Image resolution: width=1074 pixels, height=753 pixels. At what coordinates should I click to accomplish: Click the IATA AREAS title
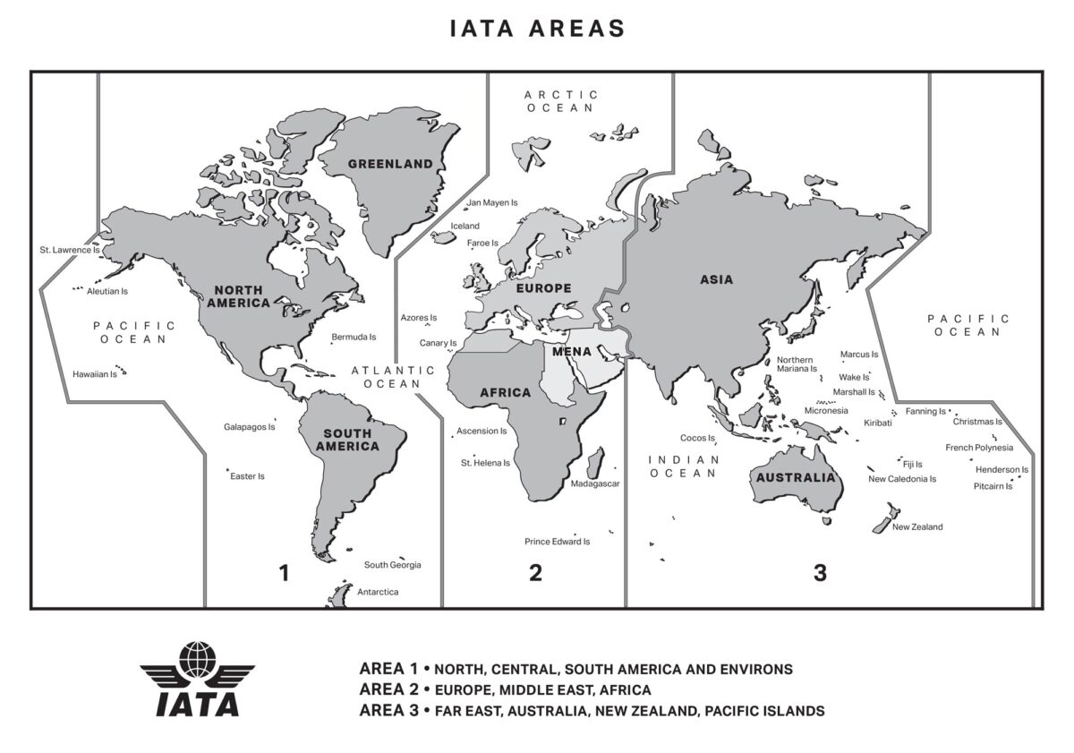537,28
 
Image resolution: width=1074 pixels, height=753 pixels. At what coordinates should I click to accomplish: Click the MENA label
571,352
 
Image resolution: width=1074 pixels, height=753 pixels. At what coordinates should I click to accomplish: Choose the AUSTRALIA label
796,477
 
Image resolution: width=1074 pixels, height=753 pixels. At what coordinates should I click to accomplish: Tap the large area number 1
285,573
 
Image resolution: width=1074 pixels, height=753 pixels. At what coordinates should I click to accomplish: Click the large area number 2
535,573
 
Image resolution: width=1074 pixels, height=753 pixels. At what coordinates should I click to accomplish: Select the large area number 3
820,573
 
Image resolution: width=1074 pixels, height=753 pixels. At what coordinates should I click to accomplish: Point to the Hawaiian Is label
95,374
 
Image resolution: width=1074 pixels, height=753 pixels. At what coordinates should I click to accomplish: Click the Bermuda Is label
354,338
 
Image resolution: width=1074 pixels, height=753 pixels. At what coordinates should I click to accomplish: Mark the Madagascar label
595,483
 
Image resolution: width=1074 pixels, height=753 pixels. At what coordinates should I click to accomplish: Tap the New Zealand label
917,527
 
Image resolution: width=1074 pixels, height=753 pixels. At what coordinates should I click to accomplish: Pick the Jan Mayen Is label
493,203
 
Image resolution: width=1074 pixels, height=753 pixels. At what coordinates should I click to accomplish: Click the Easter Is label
247,476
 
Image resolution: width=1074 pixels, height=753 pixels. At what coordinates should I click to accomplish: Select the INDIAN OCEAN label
684,466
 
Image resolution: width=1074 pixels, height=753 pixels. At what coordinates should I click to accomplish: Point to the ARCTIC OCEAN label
560,100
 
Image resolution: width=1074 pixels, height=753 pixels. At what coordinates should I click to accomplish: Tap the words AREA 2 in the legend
388,690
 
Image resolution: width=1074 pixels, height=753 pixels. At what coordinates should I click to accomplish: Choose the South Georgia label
392,565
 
